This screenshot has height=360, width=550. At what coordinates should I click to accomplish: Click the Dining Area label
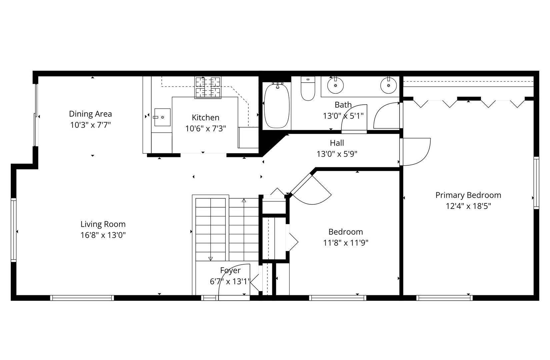90,114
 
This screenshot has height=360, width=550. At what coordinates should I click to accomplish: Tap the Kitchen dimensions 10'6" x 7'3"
206,129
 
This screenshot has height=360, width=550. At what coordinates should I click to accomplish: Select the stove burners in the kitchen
208,87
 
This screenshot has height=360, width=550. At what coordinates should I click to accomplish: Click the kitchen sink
162,117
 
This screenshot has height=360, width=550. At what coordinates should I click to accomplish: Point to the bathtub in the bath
277,106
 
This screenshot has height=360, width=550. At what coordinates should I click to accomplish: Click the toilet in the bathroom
308,89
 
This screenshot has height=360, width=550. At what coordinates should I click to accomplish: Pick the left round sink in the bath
335,85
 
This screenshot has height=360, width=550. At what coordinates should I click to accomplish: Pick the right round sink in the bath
389,85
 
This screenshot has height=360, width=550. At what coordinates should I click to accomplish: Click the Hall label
337,143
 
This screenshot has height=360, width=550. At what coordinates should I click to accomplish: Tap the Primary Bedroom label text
468,195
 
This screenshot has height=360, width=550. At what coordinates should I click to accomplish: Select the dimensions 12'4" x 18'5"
468,206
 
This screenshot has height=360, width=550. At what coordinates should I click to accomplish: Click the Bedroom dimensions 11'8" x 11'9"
345,243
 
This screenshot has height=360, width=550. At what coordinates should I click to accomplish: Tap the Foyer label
230,270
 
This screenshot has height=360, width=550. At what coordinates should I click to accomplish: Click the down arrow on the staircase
210,258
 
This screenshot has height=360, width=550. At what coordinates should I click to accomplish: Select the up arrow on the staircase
244,201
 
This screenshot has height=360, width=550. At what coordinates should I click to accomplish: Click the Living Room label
103,224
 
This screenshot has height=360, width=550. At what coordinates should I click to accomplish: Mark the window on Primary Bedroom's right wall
536,183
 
